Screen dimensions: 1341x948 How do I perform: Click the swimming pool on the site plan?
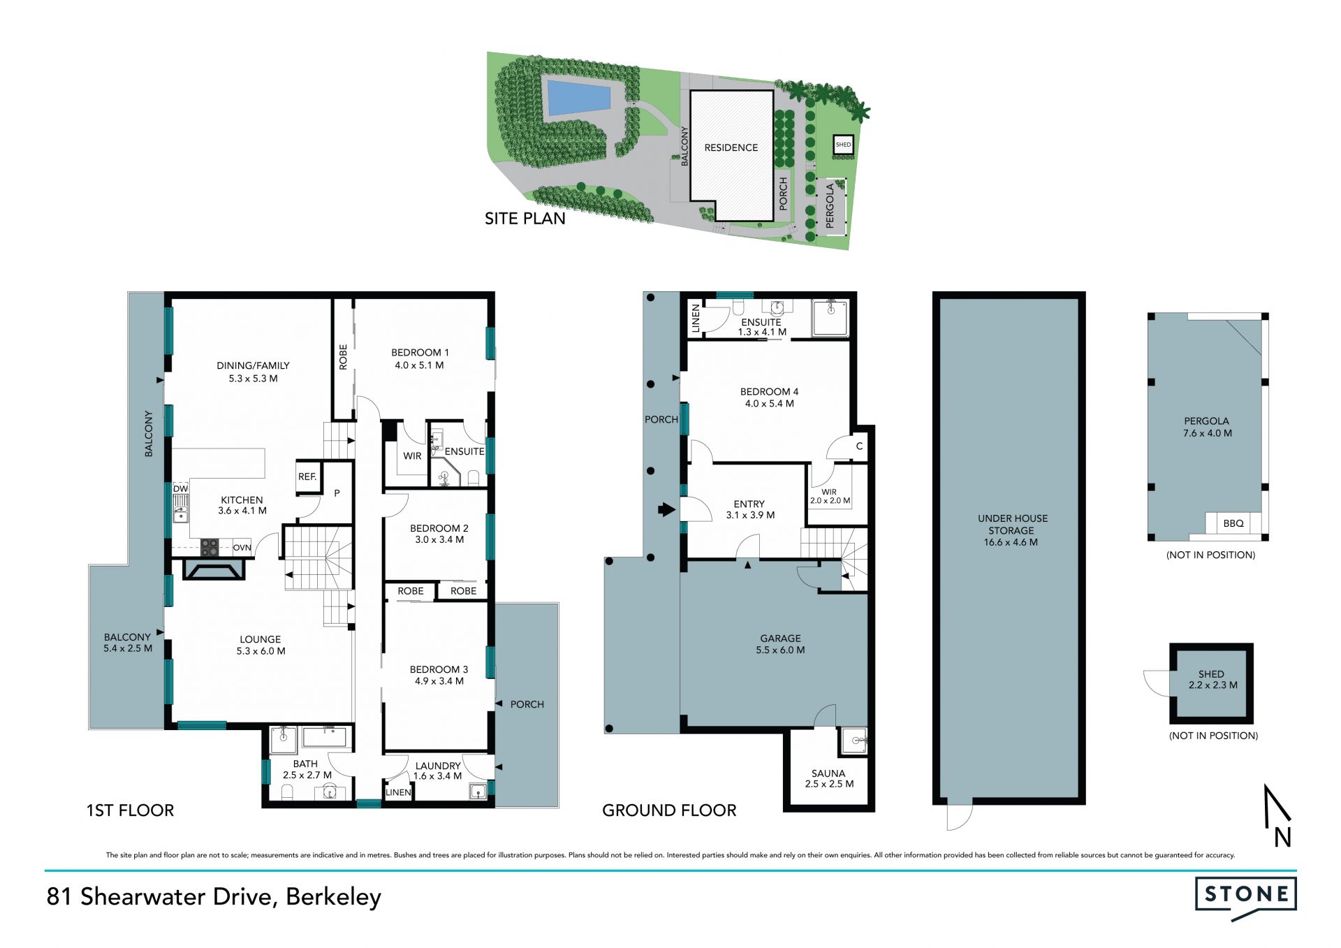click(x=577, y=96)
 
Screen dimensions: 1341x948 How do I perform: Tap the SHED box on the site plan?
click(x=844, y=145)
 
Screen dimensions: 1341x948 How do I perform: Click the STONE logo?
click(x=1246, y=898)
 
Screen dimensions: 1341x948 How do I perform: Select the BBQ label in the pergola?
click(x=1233, y=523)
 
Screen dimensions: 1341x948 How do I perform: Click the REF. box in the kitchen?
click(x=308, y=477)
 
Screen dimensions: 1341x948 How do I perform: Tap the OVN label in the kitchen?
click(x=242, y=548)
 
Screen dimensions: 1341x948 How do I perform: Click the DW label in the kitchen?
click(x=180, y=488)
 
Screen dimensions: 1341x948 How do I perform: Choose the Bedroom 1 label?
click(x=420, y=358)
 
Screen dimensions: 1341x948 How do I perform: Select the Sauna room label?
click(x=829, y=778)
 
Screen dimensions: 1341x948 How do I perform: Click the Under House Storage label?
click(x=1012, y=530)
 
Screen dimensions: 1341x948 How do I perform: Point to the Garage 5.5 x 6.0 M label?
click(x=780, y=644)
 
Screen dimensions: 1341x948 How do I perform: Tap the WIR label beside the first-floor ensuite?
click(x=412, y=456)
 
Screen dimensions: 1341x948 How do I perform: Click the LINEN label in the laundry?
click(x=398, y=792)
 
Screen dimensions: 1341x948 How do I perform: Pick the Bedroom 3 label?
click(x=439, y=675)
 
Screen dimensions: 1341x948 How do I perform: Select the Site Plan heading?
click(x=525, y=219)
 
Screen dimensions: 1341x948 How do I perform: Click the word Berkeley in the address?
click(x=334, y=897)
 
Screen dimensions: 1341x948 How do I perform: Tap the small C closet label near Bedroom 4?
click(x=859, y=446)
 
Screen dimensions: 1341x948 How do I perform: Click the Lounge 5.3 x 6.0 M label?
click(x=261, y=645)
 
